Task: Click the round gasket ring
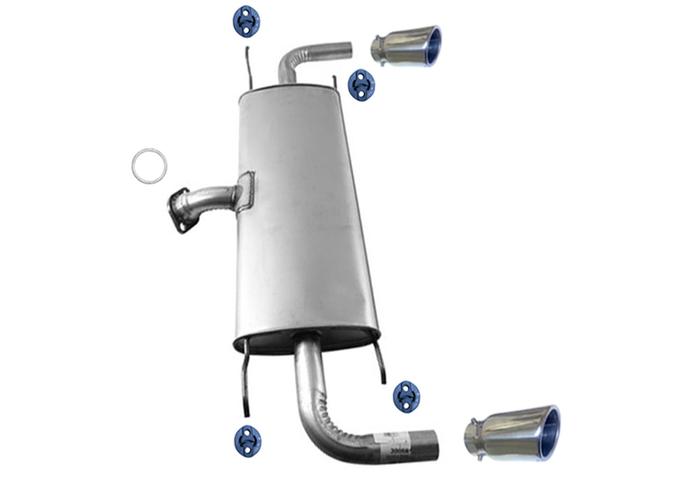(149, 165)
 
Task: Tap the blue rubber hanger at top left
(247, 22)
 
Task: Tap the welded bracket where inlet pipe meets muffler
(245, 191)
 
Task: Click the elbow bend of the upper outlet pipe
(288, 61)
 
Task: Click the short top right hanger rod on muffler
(335, 81)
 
